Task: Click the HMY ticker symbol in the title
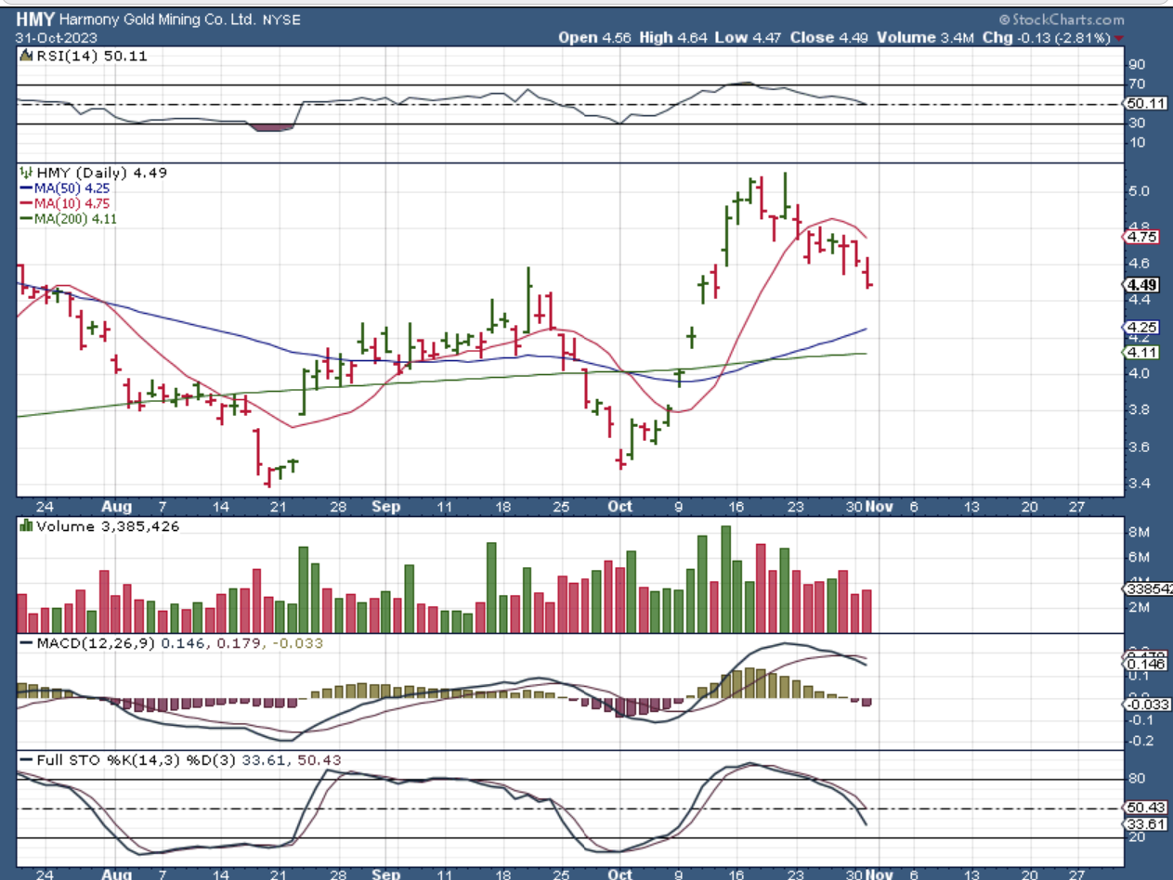tap(34, 19)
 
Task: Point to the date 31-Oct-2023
tap(53, 38)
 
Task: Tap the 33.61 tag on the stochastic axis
tap(1142, 824)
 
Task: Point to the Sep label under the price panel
tap(385, 507)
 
